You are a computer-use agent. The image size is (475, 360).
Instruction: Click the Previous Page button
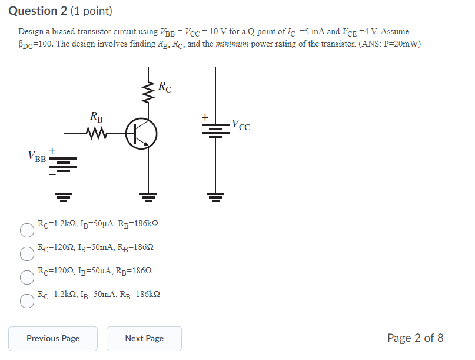point(53,338)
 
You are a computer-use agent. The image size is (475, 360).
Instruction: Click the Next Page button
point(144,338)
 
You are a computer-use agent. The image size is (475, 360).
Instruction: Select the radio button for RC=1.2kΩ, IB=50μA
point(27,230)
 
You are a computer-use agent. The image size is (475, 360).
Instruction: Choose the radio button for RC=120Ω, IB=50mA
point(27,254)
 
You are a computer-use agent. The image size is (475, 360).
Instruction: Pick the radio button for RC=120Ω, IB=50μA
point(27,278)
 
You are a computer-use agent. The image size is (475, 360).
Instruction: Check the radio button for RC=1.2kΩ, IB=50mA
point(27,301)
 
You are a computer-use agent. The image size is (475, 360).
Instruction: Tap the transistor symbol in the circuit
point(142,134)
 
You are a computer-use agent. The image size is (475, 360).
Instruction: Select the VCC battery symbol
point(215,130)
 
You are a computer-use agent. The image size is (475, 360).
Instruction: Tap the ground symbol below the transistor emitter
point(148,196)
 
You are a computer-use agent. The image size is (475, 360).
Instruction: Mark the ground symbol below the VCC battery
point(215,196)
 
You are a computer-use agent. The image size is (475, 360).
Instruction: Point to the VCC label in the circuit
point(241,125)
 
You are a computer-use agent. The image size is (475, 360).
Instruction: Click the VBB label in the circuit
point(37,157)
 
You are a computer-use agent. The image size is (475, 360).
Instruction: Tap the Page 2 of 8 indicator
point(415,338)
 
